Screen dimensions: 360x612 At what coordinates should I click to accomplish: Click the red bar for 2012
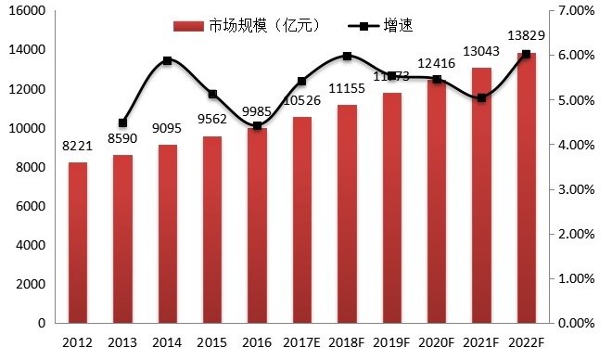pos(79,243)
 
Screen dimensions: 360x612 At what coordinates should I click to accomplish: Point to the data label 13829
pos(524,35)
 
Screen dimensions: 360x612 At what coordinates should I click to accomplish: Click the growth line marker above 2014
pos(167,61)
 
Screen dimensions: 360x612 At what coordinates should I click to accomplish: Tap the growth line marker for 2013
pos(122,122)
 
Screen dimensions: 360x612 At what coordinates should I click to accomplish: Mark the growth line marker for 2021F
pos(481,97)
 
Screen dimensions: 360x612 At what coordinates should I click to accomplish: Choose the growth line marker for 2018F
pos(347,56)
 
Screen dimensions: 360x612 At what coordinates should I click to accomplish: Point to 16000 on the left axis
pos(30,11)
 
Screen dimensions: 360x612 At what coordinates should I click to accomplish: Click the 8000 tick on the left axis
pos(33,167)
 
